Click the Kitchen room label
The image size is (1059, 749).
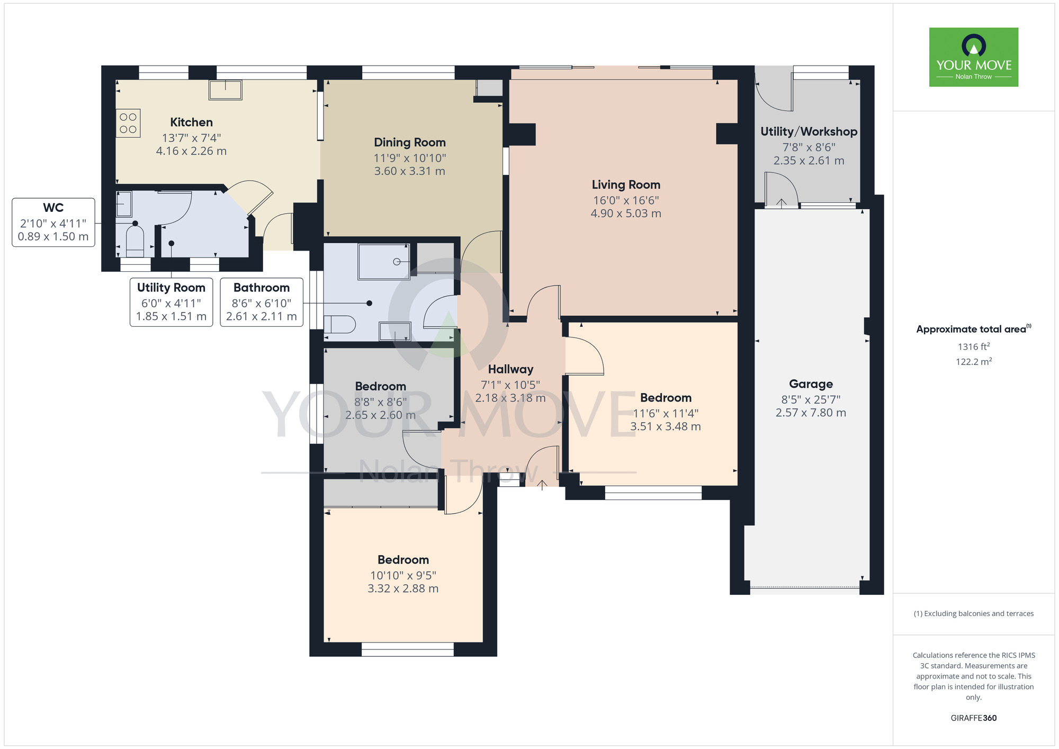click(191, 122)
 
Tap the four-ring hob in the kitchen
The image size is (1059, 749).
click(128, 123)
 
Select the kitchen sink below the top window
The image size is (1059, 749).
click(226, 90)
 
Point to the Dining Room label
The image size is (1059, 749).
click(410, 142)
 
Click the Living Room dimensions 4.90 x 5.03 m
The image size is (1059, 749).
click(626, 213)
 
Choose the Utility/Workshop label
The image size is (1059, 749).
click(809, 131)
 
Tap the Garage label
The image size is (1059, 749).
click(811, 384)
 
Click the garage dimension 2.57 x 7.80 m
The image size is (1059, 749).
click(811, 413)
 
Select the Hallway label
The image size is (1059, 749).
click(510, 369)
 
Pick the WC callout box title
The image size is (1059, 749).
click(53, 208)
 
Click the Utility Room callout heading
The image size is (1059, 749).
click(171, 288)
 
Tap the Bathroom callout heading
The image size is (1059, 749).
click(262, 288)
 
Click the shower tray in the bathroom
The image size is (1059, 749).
click(384, 262)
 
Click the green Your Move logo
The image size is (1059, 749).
click(974, 57)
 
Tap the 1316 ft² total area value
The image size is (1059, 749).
click(974, 347)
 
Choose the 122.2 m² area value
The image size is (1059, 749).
click(974, 362)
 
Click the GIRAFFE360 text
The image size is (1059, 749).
click(974, 718)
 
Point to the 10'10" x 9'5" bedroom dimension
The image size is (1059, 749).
click(403, 575)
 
